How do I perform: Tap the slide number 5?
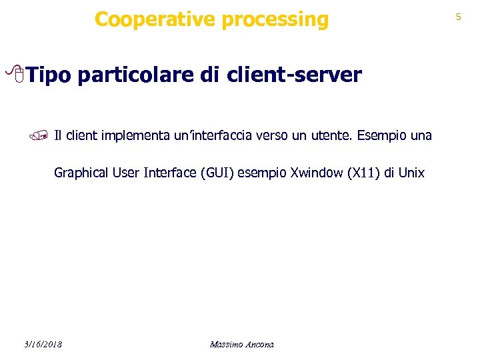click(x=458, y=17)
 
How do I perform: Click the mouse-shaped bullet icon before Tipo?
click(x=19, y=76)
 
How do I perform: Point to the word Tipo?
click(x=51, y=75)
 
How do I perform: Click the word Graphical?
click(x=81, y=173)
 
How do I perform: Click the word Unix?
click(x=411, y=173)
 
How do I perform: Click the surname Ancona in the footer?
click(x=260, y=344)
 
